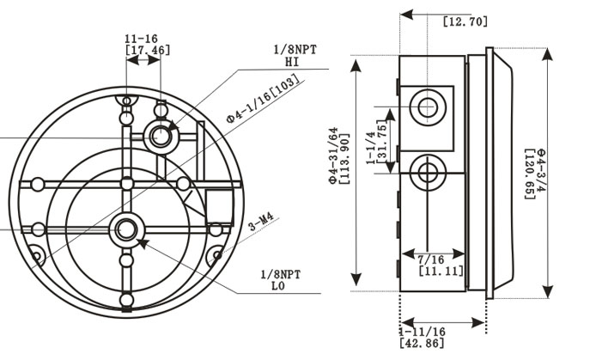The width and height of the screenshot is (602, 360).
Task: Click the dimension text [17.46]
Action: pos(148,51)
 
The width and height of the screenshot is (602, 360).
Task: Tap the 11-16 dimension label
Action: pos(141,39)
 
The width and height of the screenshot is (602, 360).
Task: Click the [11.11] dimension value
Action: pos(442,271)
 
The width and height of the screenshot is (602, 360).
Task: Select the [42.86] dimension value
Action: pos(423,343)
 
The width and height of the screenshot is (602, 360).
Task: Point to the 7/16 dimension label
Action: pos(431,259)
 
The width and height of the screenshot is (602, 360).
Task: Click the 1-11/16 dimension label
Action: pos(422,331)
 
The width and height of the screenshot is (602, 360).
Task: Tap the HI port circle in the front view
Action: pos(160,134)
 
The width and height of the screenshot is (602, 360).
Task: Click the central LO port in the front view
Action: pos(126,229)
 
